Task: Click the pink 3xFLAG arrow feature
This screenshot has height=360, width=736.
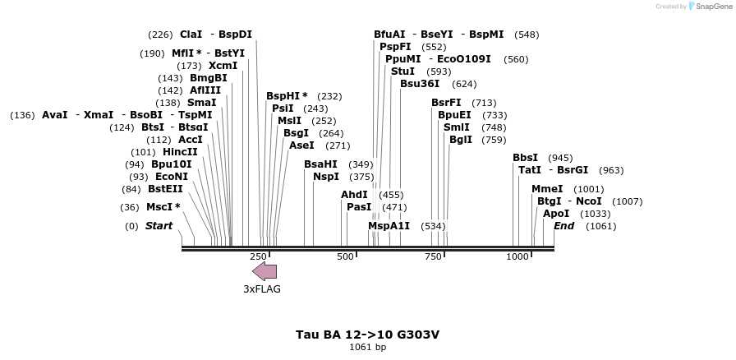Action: tap(264, 271)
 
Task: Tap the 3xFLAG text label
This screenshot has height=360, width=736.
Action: tap(262, 289)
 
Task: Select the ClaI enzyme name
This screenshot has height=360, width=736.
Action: tap(191, 35)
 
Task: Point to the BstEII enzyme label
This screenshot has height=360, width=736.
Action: tap(165, 189)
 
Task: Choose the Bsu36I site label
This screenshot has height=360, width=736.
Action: tap(420, 84)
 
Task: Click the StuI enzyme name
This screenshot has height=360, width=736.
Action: tap(402, 72)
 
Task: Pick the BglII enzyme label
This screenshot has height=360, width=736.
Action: tap(461, 140)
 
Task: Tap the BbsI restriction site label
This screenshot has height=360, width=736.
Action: tap(525, 158)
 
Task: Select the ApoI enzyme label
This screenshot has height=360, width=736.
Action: tap(556, 214)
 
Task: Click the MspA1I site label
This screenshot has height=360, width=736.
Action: tap(389, 226)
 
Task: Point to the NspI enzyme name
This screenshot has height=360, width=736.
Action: tap(326, 177)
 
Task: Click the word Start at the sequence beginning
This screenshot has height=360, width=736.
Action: tap(159, 226)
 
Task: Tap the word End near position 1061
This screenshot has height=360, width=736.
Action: tap(564, 226)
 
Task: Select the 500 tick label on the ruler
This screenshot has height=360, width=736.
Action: tap(345, 256)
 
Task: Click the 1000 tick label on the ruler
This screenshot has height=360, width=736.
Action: tap(517, 256)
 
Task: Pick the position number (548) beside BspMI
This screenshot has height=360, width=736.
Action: tap(527, 35)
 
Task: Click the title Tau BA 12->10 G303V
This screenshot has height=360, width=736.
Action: tap(367, 335)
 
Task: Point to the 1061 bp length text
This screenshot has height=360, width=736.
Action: tap(367, 348)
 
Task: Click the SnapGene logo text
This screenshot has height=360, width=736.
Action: tap(709, 6)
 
